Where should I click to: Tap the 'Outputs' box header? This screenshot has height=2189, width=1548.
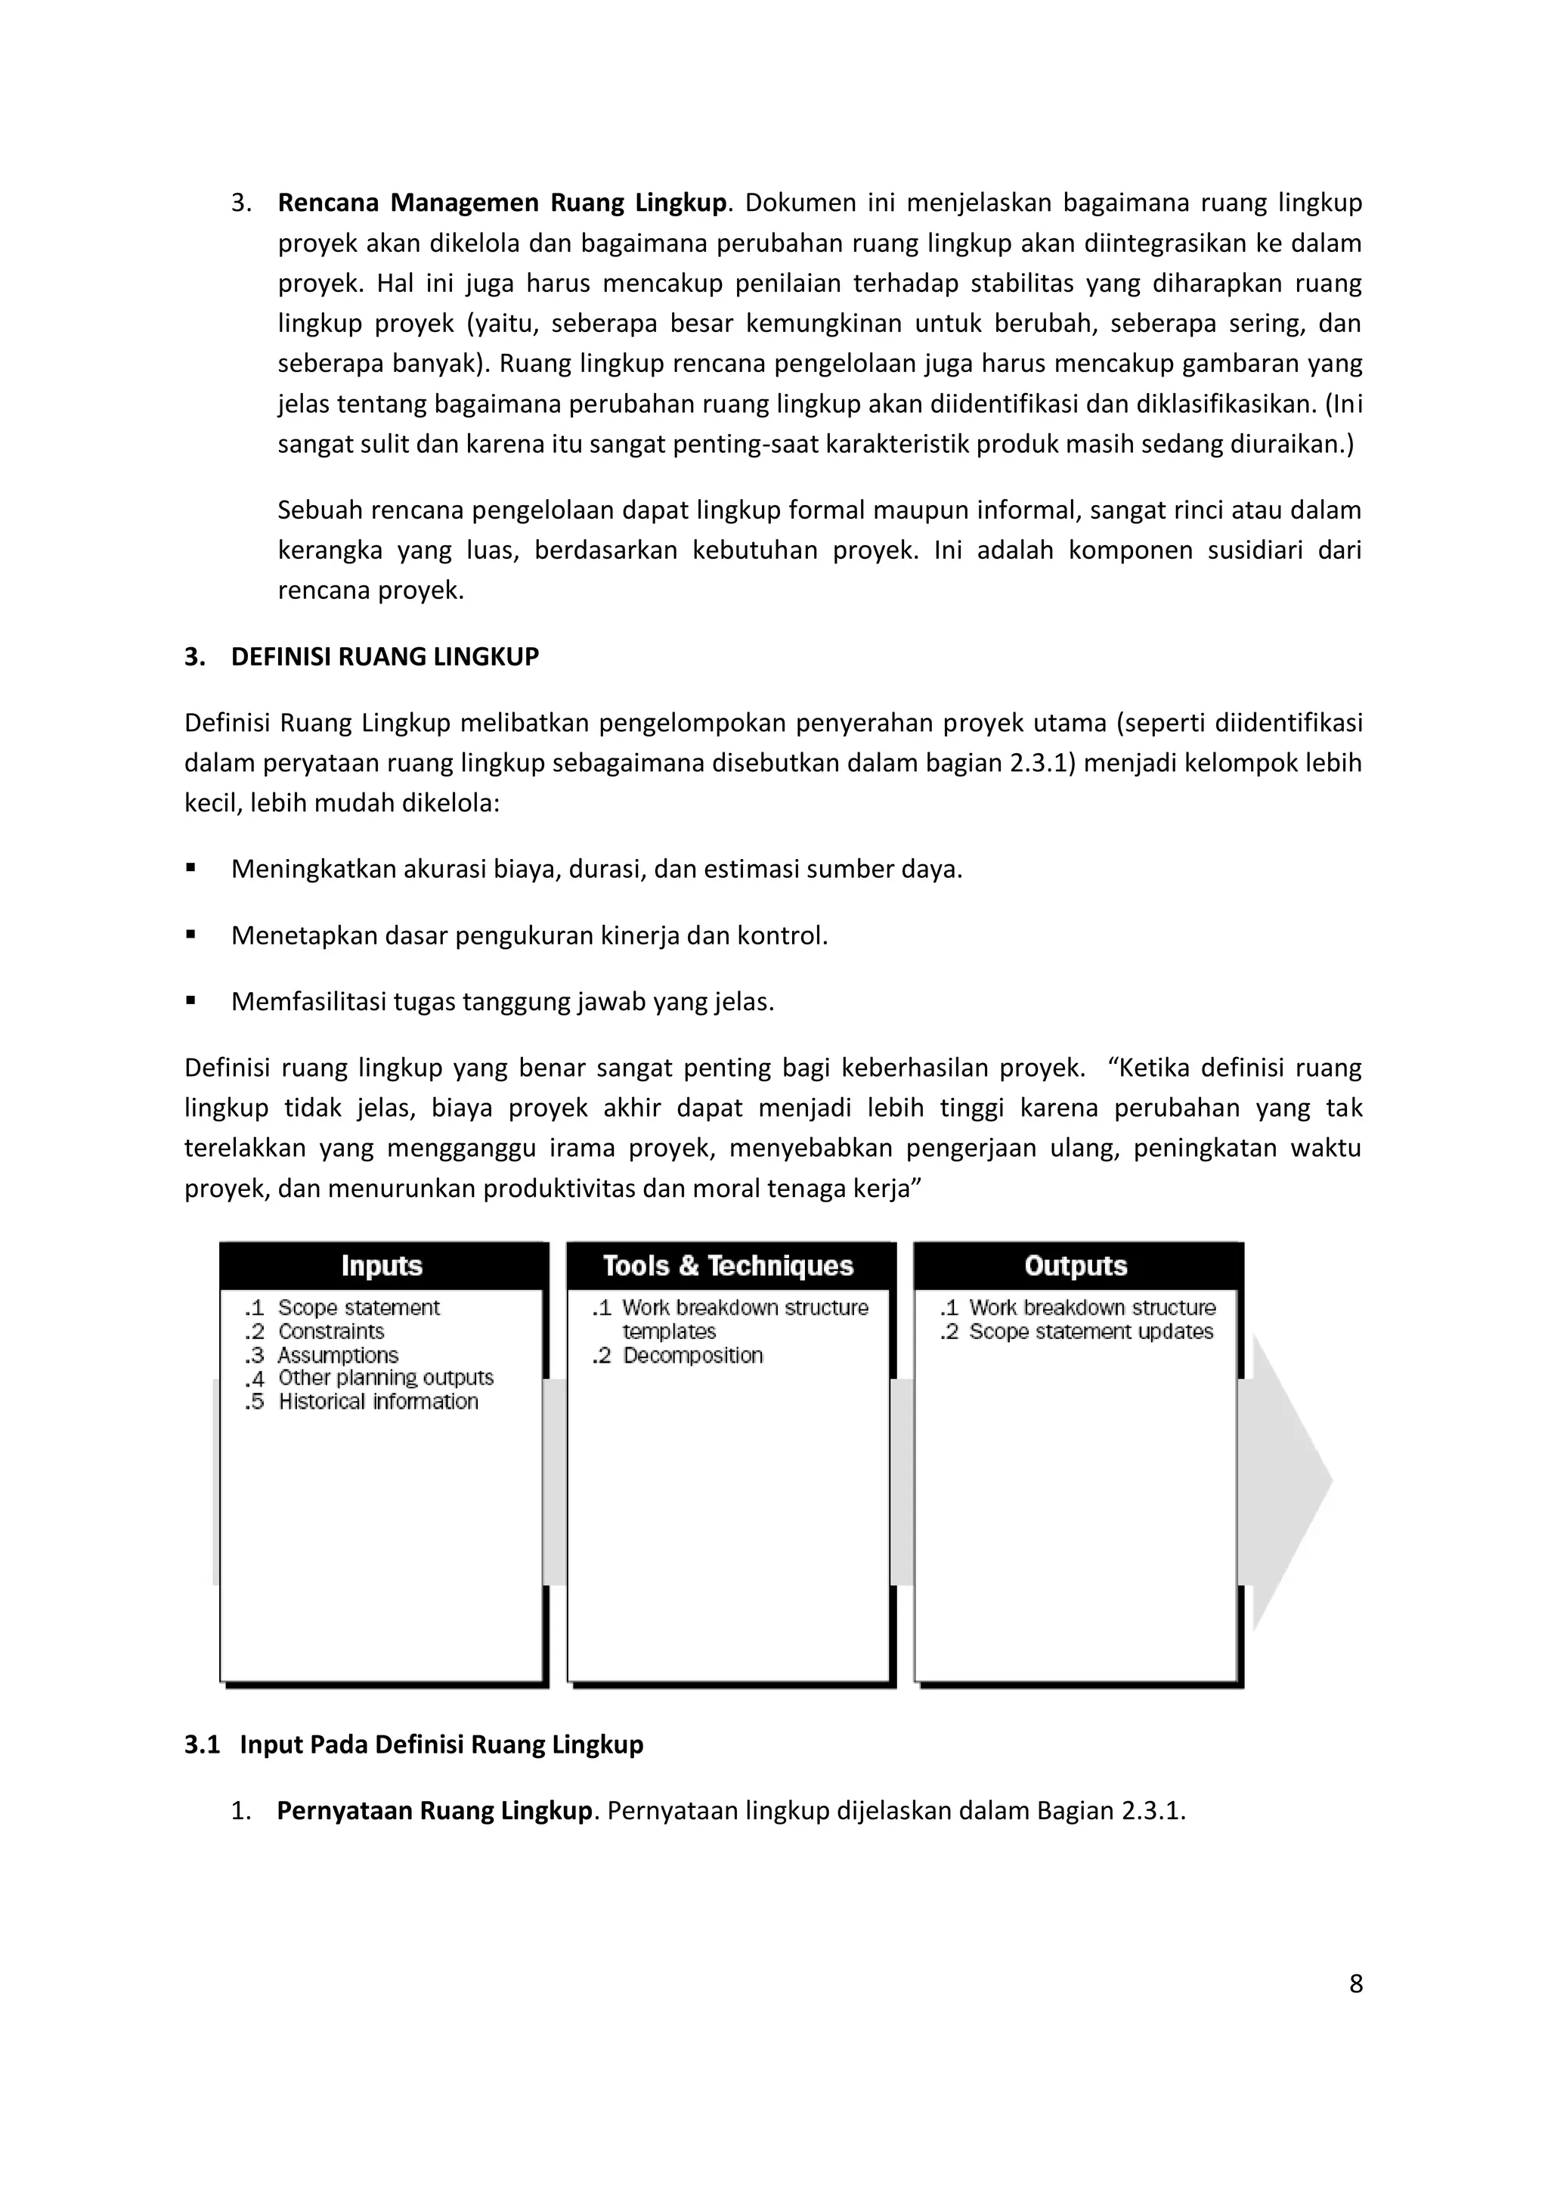pos(1076,1265)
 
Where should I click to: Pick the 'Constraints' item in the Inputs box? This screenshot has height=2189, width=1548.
pos(331,1331)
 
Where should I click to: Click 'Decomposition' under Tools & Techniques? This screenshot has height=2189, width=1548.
pos(692,1355)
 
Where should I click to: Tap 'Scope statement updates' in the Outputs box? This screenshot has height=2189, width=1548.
pos(1091,1331)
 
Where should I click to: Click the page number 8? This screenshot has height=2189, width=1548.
pos(1355,1984)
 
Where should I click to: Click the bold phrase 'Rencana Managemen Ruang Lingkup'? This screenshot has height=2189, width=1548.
pos(501,203)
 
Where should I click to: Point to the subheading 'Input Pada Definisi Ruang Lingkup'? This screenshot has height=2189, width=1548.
pos(441,1744)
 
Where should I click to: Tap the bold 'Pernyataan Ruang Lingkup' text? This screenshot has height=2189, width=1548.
pos(435,1810)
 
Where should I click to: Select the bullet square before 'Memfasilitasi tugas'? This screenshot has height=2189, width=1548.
pos(191,1001)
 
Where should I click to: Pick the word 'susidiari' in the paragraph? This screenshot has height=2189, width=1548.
pos(1255,550)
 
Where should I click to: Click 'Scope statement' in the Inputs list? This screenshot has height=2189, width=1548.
pos(358,1307)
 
